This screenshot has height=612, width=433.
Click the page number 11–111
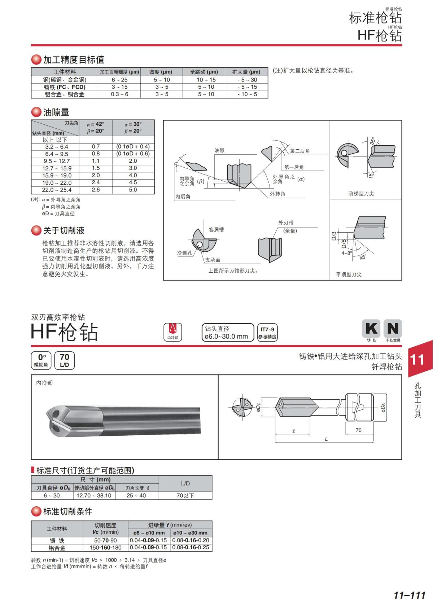tap(410, 595)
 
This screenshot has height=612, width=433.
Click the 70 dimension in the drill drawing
tap(358, 430)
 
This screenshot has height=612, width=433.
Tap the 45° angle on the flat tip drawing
tap(363, 257)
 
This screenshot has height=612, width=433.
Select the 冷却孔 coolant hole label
tap(184, 253)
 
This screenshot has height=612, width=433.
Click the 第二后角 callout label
tap(300, 151)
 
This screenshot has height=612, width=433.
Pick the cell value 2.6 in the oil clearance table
tap(96, 190)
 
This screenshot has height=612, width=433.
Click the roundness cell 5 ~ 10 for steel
tap(162, 80)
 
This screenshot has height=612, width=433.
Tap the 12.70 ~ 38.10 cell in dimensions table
tap(94, 496)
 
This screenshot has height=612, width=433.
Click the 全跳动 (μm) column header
tap(204, 72)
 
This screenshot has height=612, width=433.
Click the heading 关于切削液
tap(64, 230)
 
